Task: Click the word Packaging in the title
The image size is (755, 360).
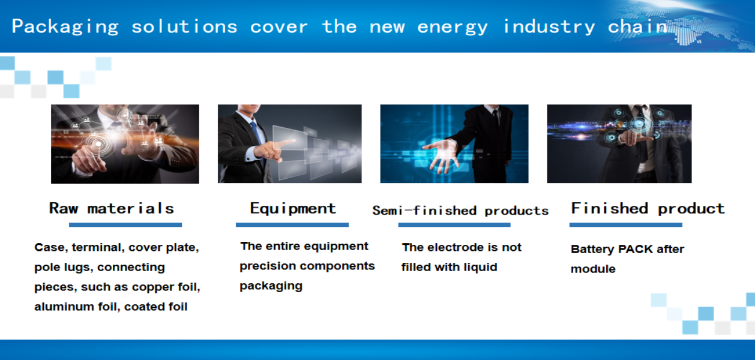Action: coord(65,27)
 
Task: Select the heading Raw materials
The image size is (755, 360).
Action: coord(112,208)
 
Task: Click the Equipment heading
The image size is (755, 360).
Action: coord(293,209)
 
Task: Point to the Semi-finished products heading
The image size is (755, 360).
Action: coord(460,211)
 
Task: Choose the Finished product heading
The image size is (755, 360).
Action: coord(648,209)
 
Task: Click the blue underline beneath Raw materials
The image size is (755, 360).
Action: coord(125,225)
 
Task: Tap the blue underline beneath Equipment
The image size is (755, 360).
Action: coord(292,225)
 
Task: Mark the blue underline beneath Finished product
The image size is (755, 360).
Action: coord(626,225)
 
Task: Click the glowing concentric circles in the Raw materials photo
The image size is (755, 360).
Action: coord(98,144)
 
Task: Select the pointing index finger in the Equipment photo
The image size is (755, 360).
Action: coord(286,144)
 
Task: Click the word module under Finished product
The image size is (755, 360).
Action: coord(593,269)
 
